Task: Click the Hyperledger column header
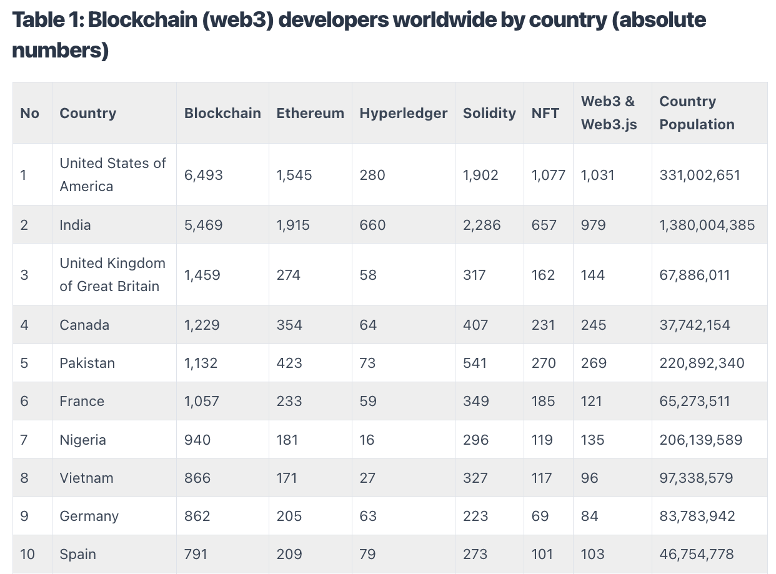[x=403, y=113]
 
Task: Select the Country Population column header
[x=696, y=113]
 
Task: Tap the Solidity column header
[x=489, y=113]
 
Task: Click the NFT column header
[x=545, y=113]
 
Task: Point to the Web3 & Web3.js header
[x=609, y=113]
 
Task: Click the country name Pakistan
[x=87, y=363]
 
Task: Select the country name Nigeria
[x=82, y=440]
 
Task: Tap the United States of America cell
[x=112, y=174]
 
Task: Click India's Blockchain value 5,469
[x=203, y=225]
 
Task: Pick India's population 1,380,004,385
[x=707, y=225]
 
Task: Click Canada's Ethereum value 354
[x=289, y=325]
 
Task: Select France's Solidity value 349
[x=475, y=401]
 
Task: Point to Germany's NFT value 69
[x=540, y=516]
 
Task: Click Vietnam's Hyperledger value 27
[x=367, y=478]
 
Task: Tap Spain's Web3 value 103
[x=592, y=554]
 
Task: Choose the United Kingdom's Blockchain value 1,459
[x=202, y=275]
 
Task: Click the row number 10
[x=27, y=554]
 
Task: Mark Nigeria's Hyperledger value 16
[x=367, y=440]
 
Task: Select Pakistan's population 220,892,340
[x=702, y=363]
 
